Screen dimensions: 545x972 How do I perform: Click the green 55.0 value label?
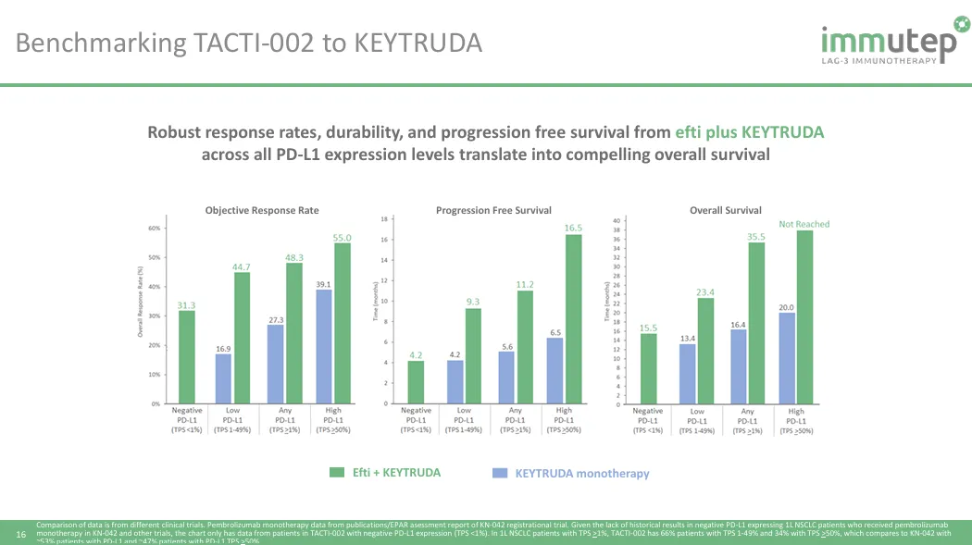pos(343,237)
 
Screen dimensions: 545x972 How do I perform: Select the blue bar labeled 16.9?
pos(222,379)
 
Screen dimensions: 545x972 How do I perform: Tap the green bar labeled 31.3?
pos(187,357)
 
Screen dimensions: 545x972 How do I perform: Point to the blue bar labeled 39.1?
pos(324,347)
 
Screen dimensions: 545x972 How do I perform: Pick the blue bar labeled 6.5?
pos(555,371)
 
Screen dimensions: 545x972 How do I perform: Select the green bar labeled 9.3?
pos(472,356)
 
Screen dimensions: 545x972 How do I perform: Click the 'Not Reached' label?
pos(804,224)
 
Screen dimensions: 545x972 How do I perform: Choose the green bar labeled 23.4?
pos(705,351)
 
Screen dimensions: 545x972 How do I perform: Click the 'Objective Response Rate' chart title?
pos(262,211)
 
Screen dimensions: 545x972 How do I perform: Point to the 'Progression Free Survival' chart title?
pos(493,211)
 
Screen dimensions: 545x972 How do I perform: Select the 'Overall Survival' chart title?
pos(726,211)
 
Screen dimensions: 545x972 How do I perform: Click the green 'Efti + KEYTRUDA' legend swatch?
pos(337,473)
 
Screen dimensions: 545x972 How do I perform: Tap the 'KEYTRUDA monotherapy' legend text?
pos(582,474)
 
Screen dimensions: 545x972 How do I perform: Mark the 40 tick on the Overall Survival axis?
pos(617,220)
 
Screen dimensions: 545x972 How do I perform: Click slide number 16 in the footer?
pos(22,534)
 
